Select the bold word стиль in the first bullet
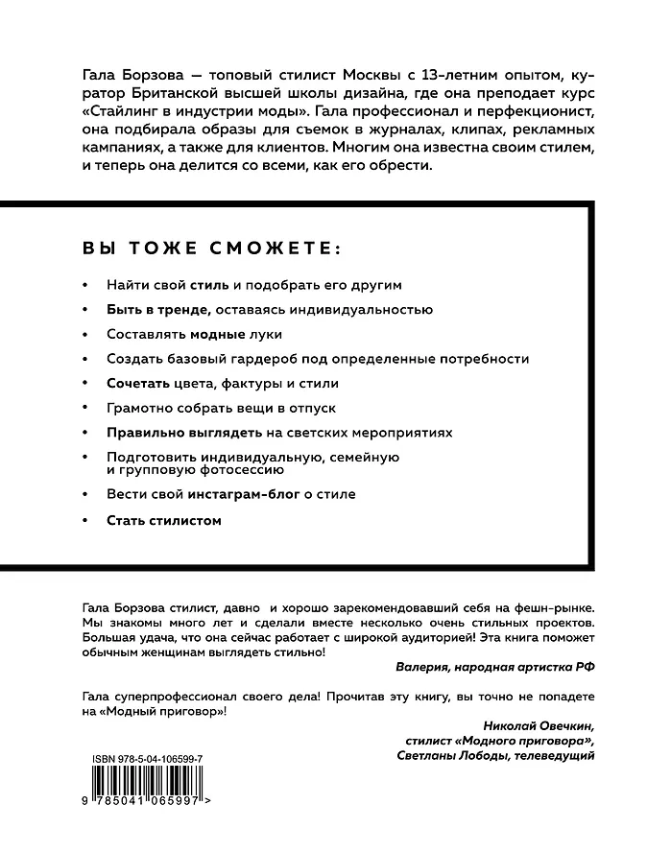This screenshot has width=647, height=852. click(209, 285)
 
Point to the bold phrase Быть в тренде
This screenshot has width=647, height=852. click(158, 310)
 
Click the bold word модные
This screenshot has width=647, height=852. click(214, 334)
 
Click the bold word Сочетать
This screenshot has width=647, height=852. click(139, 383)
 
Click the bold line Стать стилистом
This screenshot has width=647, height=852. click(164, 520)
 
